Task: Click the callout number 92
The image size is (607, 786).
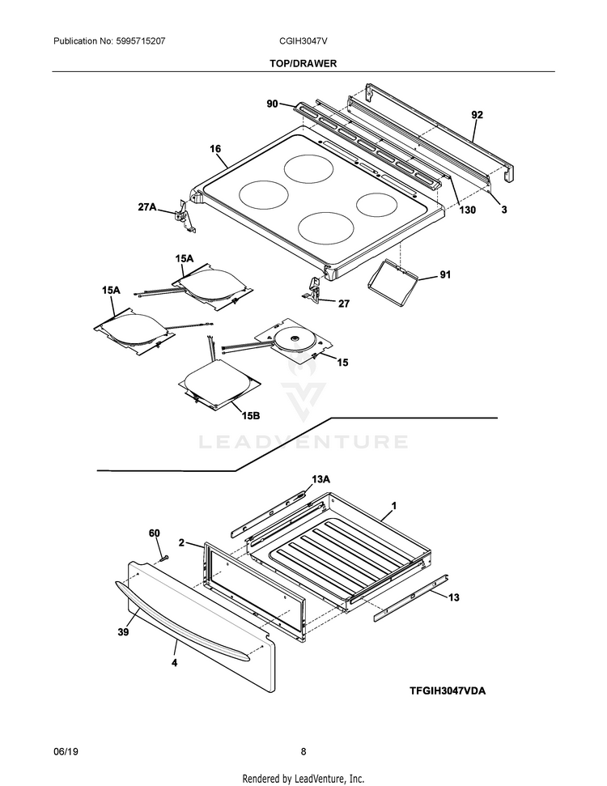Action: tap(477, 115)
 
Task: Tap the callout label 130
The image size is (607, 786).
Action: tap(468, 210)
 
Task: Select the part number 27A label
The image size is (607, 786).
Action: tap(146, 206)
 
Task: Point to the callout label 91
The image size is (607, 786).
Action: tap(445, 275)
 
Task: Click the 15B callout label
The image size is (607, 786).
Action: tap(251, 415)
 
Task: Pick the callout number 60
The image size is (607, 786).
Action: tap(155, 533)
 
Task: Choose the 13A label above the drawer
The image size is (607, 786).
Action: tap(321, 479)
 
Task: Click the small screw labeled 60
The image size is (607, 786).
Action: tap(162, 556)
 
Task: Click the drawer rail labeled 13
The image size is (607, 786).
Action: tap(411, 595)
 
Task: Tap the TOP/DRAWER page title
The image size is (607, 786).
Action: tap(303, 62)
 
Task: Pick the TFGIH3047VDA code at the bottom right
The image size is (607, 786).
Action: tap(451, 690)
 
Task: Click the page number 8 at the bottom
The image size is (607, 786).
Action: tap(303, 751)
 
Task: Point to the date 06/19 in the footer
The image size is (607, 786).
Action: tap(65, 751)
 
